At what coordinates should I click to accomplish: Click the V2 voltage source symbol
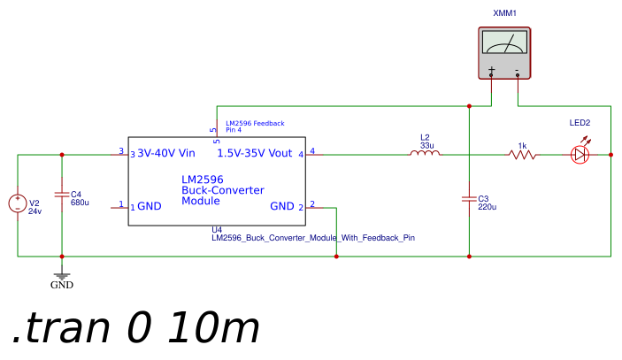[x=18, y=203]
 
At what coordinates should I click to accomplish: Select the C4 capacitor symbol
[x=62, y=195]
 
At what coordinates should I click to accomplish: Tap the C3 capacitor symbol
[x=469, y=199]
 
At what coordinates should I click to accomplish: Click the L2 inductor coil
[x=425, y=153]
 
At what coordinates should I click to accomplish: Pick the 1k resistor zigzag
[x=522, y=155]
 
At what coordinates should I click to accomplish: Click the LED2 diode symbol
[x=580, y=155]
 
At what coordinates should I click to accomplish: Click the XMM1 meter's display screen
[x=504, y=42]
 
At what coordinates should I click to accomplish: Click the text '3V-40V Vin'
[x=166, y=153]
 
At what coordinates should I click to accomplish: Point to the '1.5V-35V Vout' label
[x=255, y=153]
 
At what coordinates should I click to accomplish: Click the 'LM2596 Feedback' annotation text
[x=255, y=123]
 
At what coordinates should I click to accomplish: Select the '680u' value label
[x=80, y=203]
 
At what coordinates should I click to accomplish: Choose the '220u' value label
[x=488, y=207]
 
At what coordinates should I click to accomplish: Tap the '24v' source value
[x=35, y=211]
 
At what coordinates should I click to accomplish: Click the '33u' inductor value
[x=427, y=146]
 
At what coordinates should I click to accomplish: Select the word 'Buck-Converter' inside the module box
[x=223, y=190]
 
